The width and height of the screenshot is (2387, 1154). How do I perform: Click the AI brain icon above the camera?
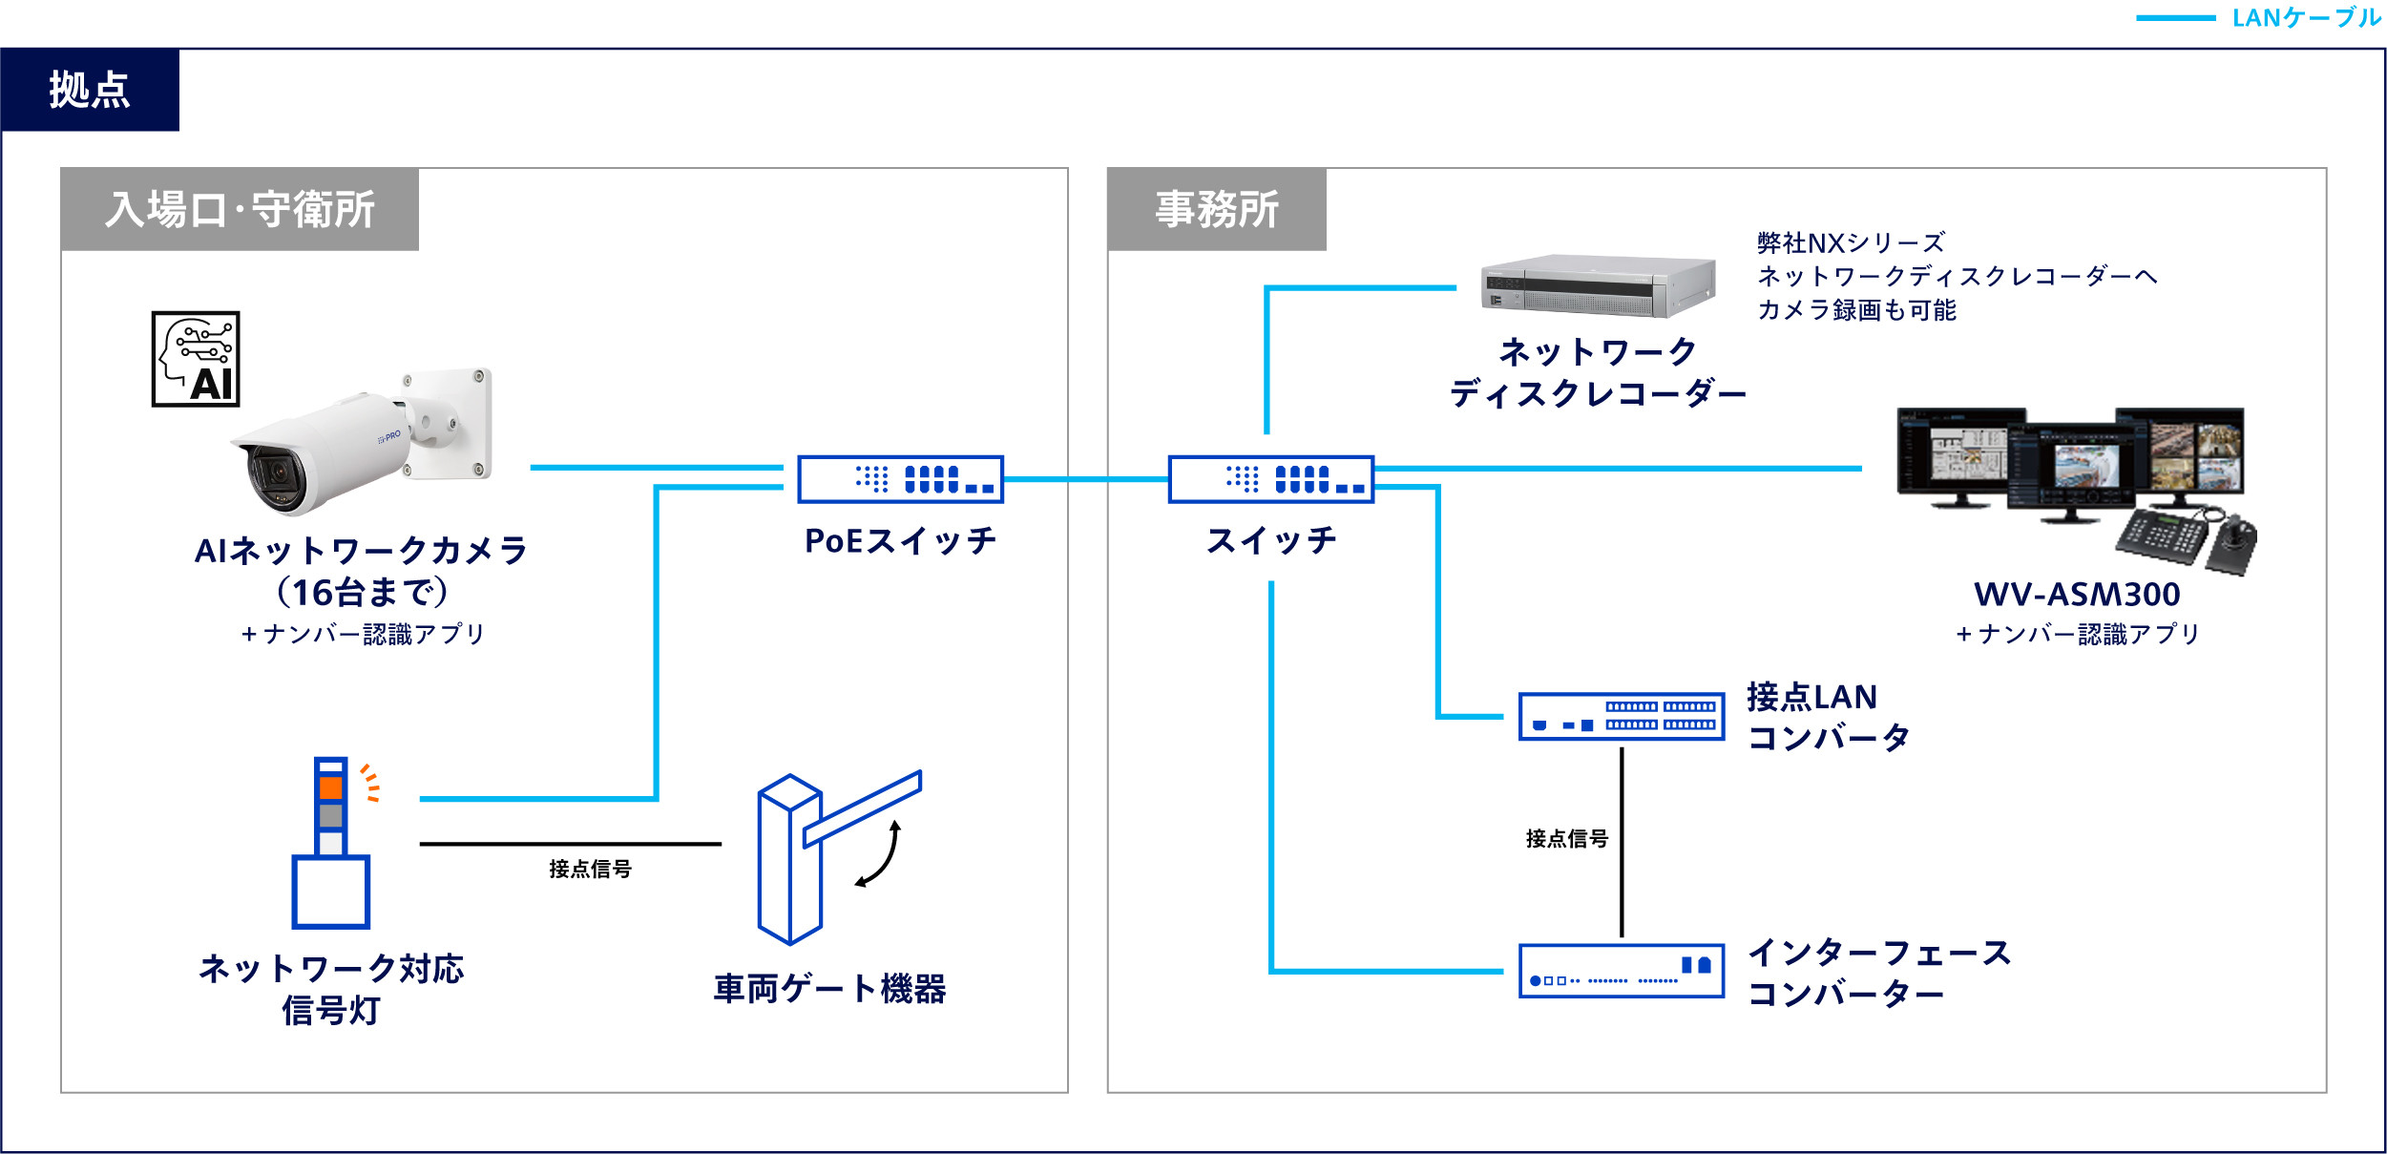[196, 359]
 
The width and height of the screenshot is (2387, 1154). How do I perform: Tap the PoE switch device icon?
[900, 479]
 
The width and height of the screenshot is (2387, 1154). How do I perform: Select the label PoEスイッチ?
[900, 541]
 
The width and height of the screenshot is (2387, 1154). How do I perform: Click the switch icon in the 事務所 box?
[1270, 479]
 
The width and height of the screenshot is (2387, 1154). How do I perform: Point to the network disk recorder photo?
[1597, 285]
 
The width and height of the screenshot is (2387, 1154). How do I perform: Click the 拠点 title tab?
[90, 90]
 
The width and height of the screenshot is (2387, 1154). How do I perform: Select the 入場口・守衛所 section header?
[240, 210]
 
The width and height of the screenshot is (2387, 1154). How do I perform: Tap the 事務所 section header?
[1216, 210]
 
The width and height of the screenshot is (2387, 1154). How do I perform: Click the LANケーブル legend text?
[2306, 18]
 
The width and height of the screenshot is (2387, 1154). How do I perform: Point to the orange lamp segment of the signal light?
[331, 787]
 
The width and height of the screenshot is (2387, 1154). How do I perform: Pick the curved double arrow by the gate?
[880, 854]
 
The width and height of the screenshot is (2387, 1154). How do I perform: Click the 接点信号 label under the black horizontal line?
[590, 869]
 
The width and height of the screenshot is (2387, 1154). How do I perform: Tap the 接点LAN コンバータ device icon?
[1621, 717]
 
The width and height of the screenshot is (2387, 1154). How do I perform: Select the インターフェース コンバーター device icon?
[1621, 971]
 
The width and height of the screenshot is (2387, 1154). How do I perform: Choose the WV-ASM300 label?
[2077, 595]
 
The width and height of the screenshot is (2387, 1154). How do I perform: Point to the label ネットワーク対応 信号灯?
[331, 989]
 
